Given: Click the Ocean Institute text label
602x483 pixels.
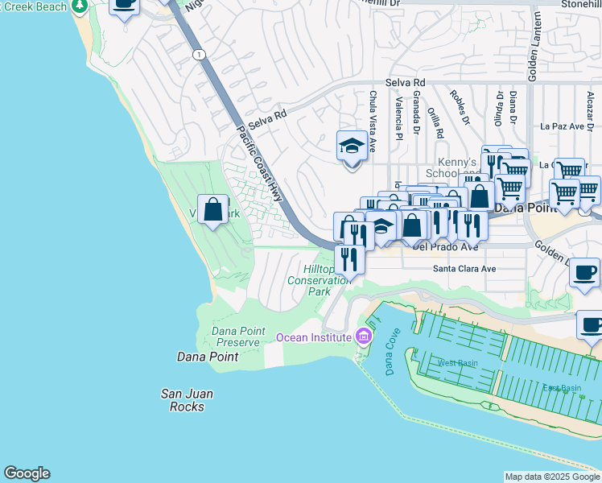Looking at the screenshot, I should (x=315, y=336).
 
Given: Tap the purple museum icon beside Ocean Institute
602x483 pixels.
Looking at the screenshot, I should (x=363, y=336).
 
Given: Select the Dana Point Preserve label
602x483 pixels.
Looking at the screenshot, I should (x=236, y=336).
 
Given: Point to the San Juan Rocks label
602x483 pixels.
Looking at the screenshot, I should (x=188, y=399).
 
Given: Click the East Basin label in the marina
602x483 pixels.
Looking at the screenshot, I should (x=561, y=388).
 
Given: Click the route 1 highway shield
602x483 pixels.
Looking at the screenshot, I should (x=198, y=54).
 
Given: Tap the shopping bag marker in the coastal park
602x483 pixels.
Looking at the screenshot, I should (x=213, y=211).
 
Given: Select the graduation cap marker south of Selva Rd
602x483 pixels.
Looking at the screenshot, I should (x=351, y=147).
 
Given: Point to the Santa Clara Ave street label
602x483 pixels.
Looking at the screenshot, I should (x=464, y=269).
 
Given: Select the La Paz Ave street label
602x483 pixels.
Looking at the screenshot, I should (x=566, y=126).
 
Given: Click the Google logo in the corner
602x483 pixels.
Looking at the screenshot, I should (x=27, y=473).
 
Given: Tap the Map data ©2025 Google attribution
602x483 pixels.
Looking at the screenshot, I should (x=552, y=477).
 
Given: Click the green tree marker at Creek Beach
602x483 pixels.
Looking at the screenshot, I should (x=79, y=6).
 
